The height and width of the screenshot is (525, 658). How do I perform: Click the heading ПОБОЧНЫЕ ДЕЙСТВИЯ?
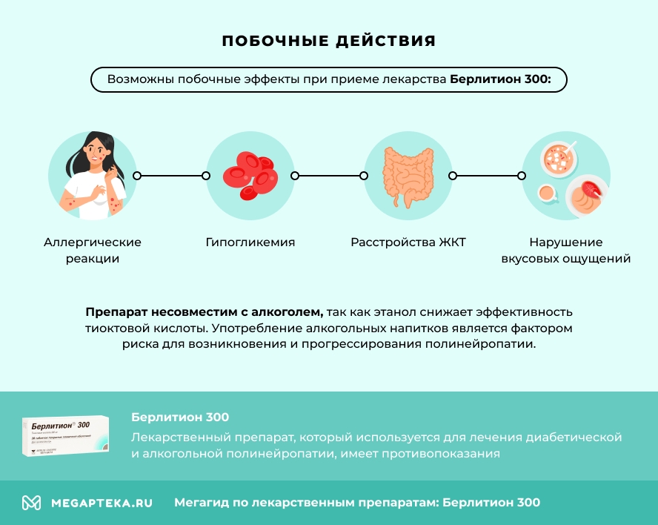point(329,41)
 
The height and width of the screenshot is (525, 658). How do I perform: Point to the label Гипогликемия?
point(250,242)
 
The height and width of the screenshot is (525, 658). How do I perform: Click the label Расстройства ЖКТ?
point(408,242)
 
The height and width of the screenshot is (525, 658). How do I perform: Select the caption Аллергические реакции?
point(93,251)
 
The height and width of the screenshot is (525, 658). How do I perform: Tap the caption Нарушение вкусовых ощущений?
point(565,251)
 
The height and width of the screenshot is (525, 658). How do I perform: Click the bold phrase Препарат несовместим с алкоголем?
point(204,312)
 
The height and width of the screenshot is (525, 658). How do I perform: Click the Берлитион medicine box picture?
point(66,436)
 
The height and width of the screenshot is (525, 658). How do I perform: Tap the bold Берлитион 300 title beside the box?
point(180,417)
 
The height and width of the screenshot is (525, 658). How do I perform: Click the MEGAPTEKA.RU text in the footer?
point(102,503)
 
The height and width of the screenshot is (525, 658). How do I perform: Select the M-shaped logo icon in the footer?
point(31,503)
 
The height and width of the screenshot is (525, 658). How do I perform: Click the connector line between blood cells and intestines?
point(329,176)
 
